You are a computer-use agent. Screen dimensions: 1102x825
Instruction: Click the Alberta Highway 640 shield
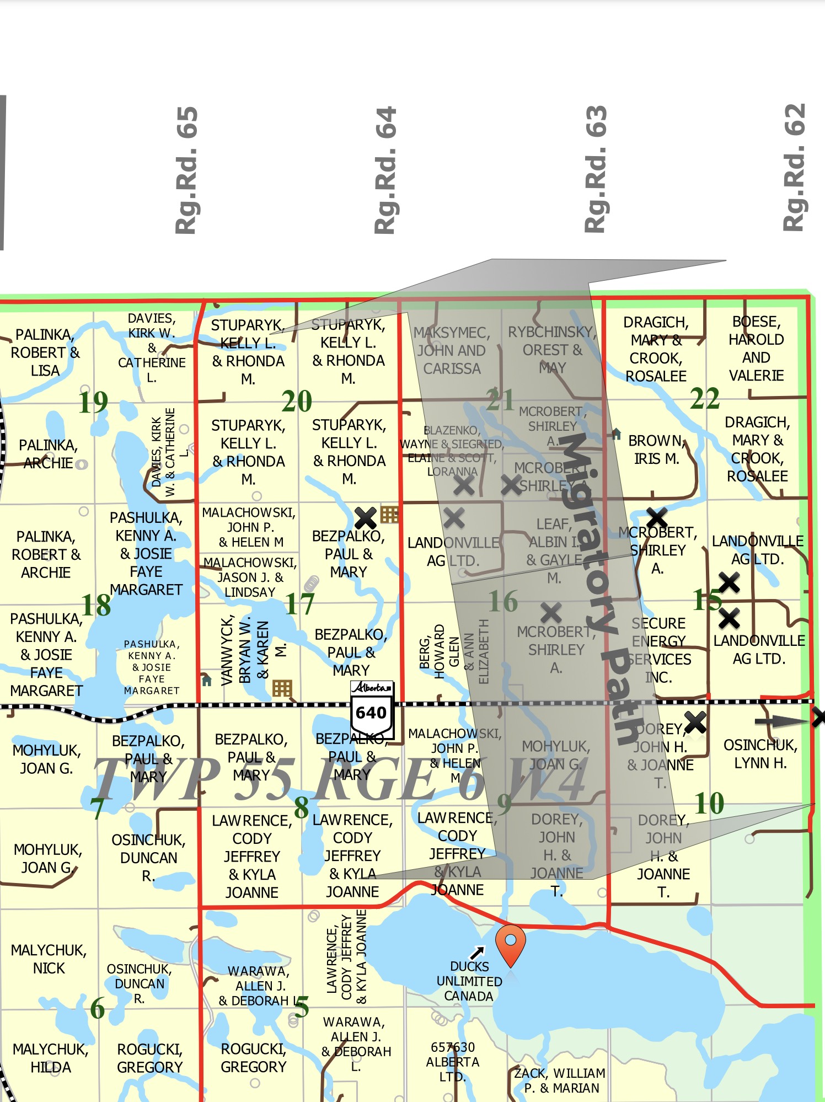click(x=372, y=708)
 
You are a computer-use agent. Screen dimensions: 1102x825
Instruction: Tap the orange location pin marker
click(x=511, y=944)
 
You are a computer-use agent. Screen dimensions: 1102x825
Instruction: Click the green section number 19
click(x=93, y=402)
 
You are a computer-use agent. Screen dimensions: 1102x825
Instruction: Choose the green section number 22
click(x=705, y=398)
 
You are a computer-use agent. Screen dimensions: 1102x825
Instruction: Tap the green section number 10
click(x=709, y=803)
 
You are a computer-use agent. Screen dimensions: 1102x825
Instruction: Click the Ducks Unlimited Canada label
click(x=469, y=981)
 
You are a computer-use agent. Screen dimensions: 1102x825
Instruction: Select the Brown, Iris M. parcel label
click(x=656, y=450)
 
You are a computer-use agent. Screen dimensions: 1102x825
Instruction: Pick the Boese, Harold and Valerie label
click(x=756, y=349)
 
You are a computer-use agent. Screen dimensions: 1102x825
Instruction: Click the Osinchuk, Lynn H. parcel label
click(x=760, y=754)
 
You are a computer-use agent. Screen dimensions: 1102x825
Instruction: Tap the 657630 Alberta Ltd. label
click(x=453, y=1062)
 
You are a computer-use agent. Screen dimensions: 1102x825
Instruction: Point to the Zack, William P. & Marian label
click(x=560, y=1080)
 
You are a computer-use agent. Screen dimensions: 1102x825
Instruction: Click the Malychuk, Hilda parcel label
click(x=50, y=1058)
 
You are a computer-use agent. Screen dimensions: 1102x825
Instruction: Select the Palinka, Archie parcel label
click(x=48, y=454)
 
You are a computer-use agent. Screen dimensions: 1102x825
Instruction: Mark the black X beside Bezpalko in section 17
click(x=366, y=518)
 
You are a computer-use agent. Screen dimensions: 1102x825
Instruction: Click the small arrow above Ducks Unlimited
click(x=477, y=953)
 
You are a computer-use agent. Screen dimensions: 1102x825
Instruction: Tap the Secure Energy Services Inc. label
click(x=660, y=650)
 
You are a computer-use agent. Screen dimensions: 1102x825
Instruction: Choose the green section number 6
click(x=97, y=1008)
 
